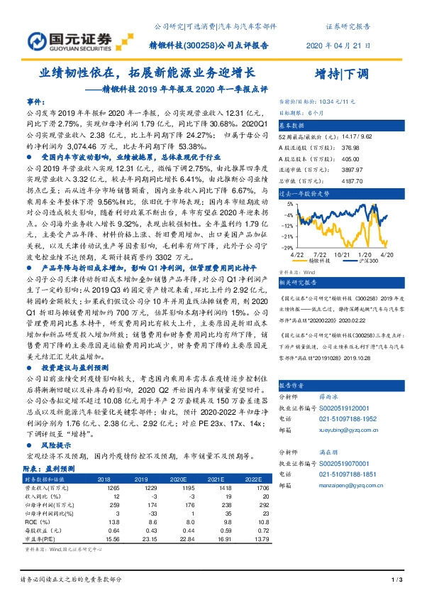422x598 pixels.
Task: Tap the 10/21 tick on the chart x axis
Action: [x=343, y=254]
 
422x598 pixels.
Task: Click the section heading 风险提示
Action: [x=59, y=446]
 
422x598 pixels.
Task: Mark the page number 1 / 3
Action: [x=396, y=582]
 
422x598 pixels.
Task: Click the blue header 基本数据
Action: [x=291, y=124]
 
